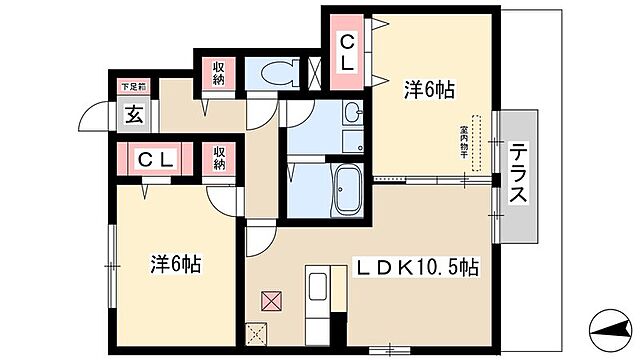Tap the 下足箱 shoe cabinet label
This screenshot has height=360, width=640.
point(134,87)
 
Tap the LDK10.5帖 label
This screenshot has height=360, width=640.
point(419,267)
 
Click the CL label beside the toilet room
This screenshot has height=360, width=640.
point(347,52)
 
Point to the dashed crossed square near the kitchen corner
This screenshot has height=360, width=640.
point(256,336)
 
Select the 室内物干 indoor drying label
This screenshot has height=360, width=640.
point(465,145)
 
